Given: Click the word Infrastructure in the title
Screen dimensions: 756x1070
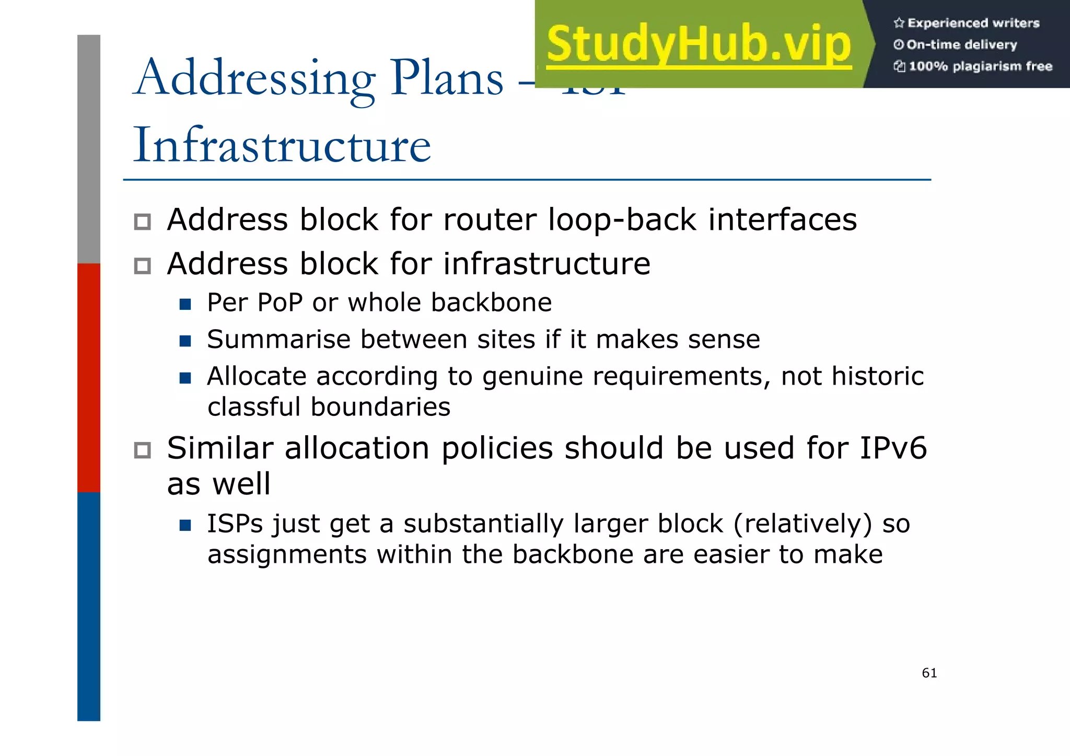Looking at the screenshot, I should coord(282,145).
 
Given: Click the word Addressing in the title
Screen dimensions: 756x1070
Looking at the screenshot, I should coord(254,78).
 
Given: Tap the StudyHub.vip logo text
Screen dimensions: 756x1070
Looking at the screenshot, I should coord(699,44).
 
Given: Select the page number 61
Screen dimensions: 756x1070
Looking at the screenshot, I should coord(929,673).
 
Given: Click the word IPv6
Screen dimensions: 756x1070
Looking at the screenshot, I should coord(893,448).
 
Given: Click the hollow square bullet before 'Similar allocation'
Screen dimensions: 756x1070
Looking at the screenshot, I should coord(142,450).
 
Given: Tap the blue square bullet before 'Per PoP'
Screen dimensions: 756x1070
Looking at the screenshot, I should coord(185,304).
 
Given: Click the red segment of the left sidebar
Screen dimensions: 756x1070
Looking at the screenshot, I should coord(89,377).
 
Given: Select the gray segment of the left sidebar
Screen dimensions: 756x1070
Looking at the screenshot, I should coord(89,149).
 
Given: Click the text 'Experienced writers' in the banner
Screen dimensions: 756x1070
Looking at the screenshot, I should coord(973,23).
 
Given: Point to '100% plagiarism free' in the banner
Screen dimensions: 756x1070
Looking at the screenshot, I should coord(980,66).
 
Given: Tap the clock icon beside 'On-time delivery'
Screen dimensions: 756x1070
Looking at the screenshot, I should coord(898,45).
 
